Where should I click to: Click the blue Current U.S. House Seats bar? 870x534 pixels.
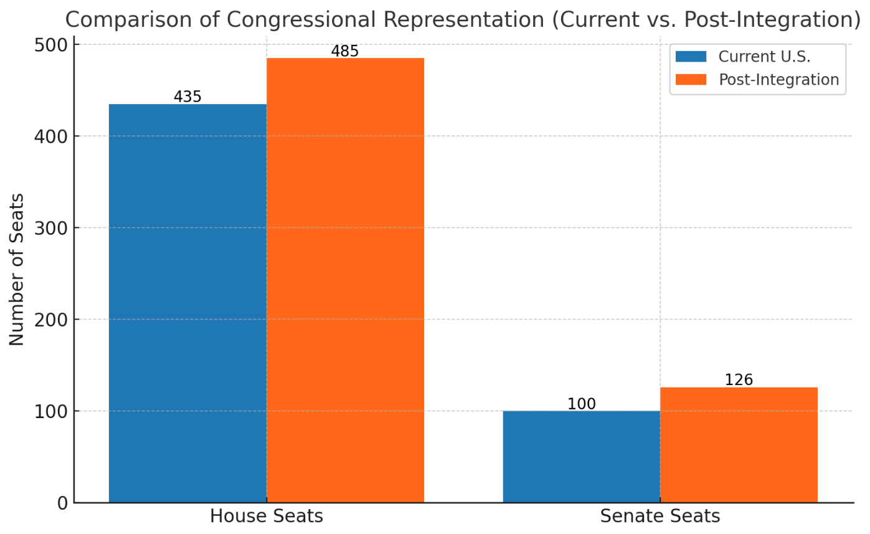click(187, 303)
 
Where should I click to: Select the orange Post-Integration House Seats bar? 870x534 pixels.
click(345, 280)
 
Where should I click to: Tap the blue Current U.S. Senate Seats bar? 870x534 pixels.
click(581, 456)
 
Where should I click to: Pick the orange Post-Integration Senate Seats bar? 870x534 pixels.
click(739, 444)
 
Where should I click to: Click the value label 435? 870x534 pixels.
click(187, 97)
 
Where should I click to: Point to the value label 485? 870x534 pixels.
click(345, 51)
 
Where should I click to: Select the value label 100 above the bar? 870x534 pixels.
click(581, 404)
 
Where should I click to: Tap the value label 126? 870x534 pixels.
click(739, 380)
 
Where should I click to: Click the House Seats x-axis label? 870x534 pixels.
click(266, 517)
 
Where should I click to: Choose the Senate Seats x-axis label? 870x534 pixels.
click(660, 517)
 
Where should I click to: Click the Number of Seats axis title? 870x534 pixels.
click(17, 269)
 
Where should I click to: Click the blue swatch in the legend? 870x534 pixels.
click(691, 57)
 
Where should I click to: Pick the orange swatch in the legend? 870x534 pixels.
click(691, 80)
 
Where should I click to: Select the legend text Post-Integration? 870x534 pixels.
click(778, 80)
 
